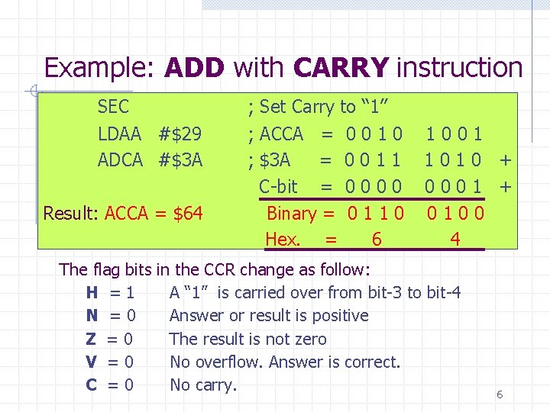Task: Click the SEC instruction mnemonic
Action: click(114, 108)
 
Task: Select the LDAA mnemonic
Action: click(119, 135)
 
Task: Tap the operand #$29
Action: click(180, 135)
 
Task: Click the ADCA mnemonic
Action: click(120, 160)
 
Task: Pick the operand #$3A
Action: click(181, 160)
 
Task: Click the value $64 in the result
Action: click(188, 213)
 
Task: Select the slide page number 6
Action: click(500, 394)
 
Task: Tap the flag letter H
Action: click(92, 292)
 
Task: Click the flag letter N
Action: click(92, 316)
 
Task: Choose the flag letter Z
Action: click(92, 339)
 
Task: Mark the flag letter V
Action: click(92, 362)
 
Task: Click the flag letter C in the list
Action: click(92, 385)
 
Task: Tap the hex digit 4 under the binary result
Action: click(455, 240)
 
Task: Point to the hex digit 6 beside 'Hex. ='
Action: click(376, 240)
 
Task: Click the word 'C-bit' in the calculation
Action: click(278, 187)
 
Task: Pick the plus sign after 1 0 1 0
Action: click(504, 160)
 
